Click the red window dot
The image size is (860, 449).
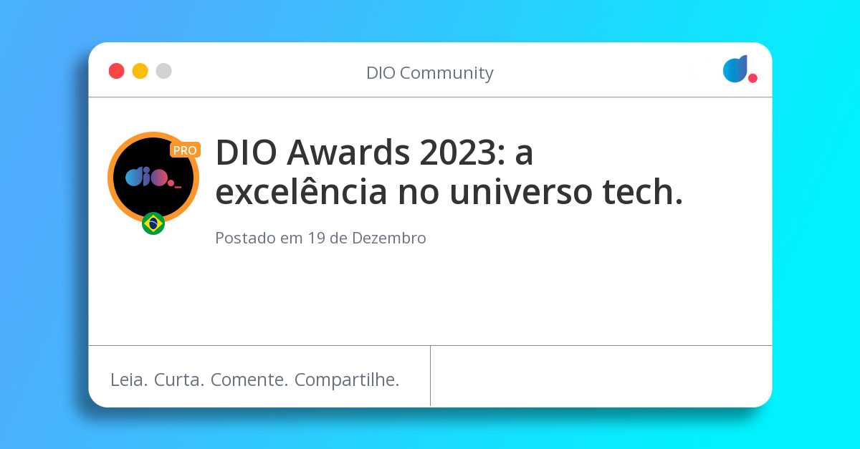(x=116, y=71)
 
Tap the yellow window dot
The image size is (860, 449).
(x=140, y=71)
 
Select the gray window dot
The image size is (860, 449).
(x=164, y=71)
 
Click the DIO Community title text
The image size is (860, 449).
(x=429, y=73)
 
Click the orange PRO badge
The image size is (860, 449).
(x=185, y=150)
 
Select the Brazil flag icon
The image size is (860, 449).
(x=153, y=223)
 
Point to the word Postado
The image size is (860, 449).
(x=245, y=238)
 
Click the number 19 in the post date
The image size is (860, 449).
(x=316, y=238)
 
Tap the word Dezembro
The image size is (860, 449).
(x=388, y=238)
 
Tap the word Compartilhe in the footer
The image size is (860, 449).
(x=347, y=380)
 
